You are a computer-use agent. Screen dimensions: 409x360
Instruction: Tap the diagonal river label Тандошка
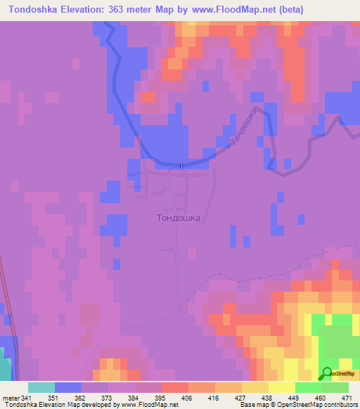244,126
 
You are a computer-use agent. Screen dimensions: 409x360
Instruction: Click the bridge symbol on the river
181,165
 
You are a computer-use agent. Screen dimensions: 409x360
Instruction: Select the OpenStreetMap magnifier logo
328,373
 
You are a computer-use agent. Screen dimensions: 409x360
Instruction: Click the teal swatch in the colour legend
41,387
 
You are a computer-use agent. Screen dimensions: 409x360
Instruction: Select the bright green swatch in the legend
308,387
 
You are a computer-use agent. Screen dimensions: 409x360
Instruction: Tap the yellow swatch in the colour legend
281,387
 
